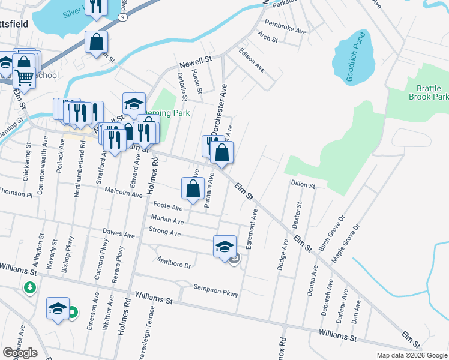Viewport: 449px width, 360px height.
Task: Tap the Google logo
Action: [x=20, y=353]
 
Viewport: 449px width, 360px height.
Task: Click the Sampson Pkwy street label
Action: [x=215, y=291]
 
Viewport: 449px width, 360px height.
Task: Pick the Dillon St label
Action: [x=303, y=185]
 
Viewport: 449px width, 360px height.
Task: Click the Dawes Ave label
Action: [x=119, y=235]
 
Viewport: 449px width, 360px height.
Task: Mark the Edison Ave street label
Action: [x=252, y=60]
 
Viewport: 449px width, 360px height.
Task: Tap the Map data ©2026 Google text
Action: [x=411, y=355]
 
